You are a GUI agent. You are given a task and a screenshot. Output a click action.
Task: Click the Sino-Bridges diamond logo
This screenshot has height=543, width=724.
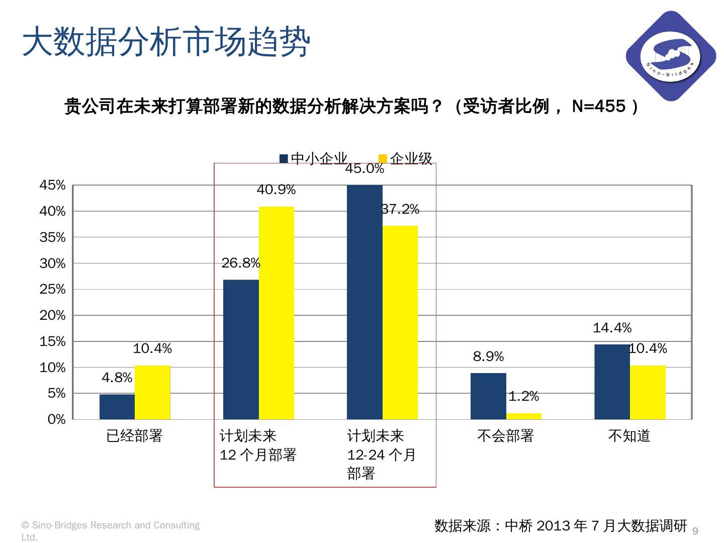point(671,56)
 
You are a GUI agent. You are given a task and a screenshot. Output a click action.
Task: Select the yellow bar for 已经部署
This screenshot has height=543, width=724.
point(152,392)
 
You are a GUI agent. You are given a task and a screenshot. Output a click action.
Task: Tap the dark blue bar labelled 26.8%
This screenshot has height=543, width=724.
point(241,349)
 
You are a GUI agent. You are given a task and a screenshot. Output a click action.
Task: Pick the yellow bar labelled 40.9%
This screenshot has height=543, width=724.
point(276,313)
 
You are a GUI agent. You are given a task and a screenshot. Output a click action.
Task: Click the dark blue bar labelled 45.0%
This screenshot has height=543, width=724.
point(365,302)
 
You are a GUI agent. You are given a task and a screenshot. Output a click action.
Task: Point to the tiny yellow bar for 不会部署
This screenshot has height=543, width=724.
point(523,416)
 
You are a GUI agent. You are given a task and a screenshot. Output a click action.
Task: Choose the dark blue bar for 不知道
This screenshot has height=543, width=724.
point(612,382)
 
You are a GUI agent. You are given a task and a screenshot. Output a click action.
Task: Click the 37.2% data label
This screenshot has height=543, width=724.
point(400,210)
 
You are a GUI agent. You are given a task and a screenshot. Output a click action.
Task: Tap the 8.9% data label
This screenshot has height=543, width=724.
point(488,357)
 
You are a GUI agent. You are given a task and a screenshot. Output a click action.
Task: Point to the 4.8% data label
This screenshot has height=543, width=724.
point(117,378)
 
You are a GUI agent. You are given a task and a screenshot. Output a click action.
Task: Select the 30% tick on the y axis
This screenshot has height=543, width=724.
point(53,263)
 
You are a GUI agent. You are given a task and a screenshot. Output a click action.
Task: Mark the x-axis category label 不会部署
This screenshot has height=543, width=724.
point(505,436)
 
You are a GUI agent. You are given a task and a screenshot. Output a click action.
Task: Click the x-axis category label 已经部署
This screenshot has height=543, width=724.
point(135,436)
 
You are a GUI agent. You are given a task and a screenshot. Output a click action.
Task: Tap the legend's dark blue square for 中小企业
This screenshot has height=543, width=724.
point(284,159)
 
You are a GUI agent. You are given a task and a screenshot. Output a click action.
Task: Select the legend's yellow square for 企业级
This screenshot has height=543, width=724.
point(383,159)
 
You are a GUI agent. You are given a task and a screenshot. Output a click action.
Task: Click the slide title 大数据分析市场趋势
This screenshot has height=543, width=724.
point(166,42)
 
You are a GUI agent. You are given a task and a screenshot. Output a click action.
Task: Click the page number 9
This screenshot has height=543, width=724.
point(696,531)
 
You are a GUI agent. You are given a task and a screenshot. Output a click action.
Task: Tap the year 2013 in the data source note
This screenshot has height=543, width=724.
point(554,526)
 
